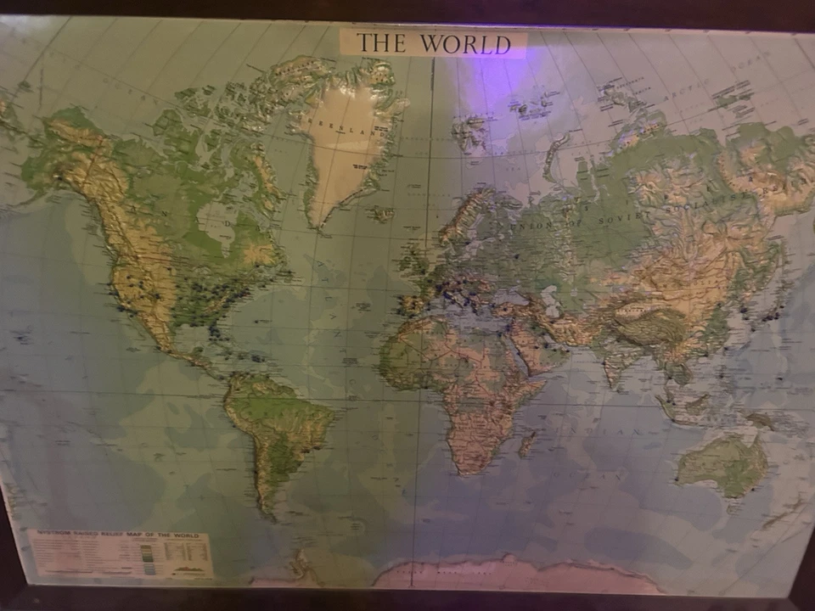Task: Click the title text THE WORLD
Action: click(433, 43)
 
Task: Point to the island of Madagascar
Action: click(528, 442)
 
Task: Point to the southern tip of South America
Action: click(270, 513)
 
